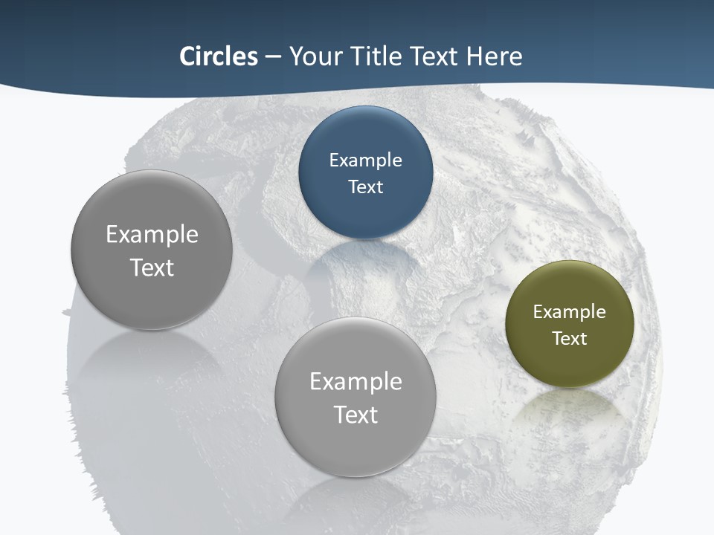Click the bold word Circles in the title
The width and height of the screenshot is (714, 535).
[218, 56]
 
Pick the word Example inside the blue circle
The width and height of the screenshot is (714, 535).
[365, 160]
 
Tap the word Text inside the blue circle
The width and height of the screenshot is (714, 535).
[365, 187]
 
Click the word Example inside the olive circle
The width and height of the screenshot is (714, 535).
[570, 312]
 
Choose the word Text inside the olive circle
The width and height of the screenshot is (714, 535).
[570, 339]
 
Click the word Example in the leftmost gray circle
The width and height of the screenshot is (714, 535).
[152, 235]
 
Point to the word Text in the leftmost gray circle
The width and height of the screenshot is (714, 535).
[152, 267]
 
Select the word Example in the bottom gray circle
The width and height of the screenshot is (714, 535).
[356, 382]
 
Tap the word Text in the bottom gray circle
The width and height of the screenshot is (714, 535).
[356, 415]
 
